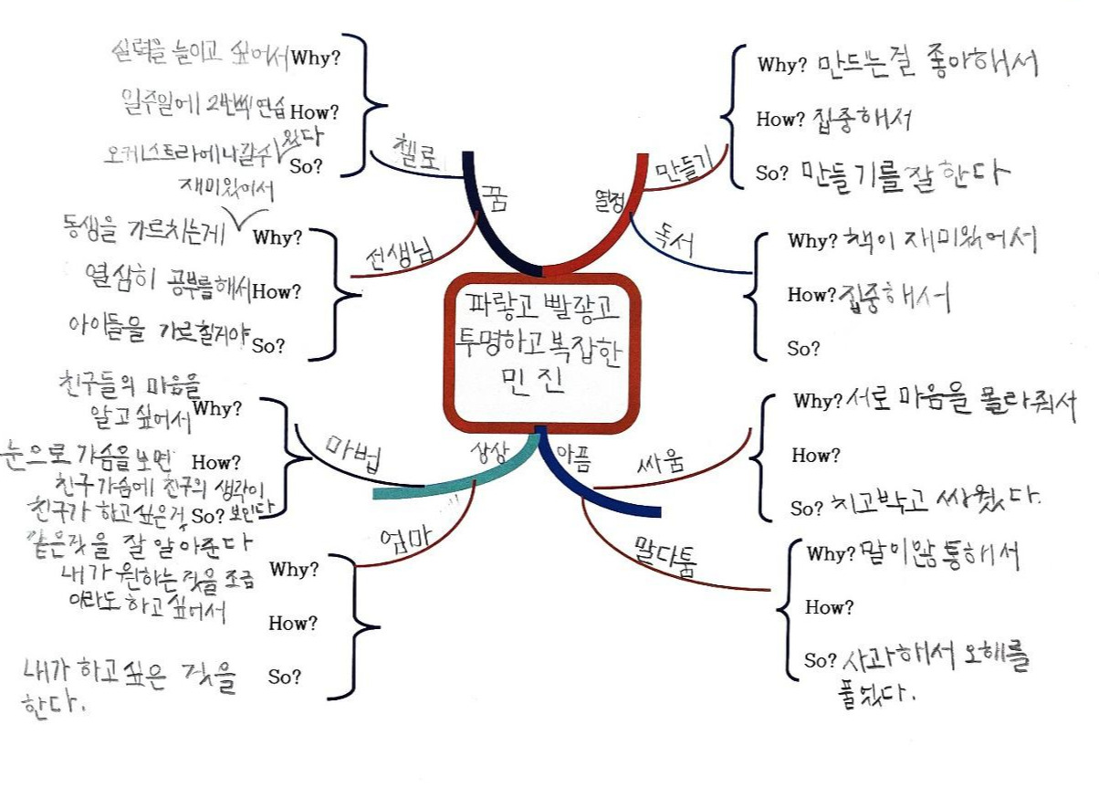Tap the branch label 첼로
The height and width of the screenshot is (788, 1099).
(416, 148)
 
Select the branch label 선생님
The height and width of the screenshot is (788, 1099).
(390, 249)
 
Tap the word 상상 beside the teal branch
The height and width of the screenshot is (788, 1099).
(485, 452)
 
